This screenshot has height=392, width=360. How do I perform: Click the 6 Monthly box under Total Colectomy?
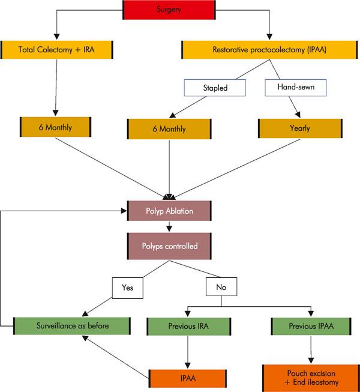pyautogui.click(x=55, y=127)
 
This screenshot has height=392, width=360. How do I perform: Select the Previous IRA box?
pyautogui.click(x=187, y=327)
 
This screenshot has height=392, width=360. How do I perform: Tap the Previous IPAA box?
pyautogui.click(x=310, y=327)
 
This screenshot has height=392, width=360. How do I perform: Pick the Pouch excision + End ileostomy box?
pyautogui.click(x=310, y=377)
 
